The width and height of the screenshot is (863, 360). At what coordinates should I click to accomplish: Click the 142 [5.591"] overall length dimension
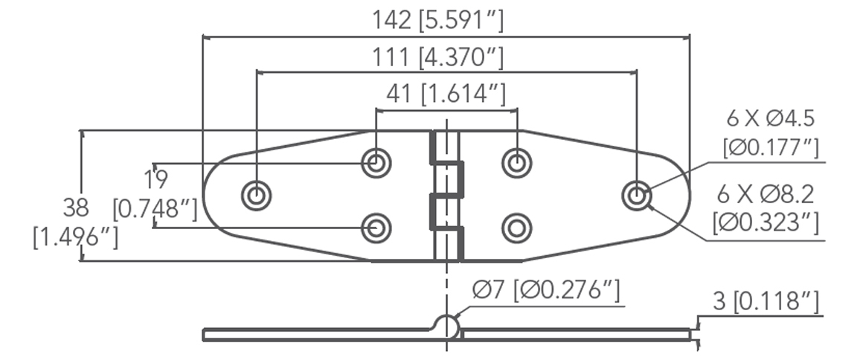click(x=438, y=21)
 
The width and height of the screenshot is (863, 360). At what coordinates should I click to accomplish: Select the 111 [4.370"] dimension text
click(x=438, y=57)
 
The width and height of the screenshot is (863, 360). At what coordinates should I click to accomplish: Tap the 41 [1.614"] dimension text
click(x=446, y=93)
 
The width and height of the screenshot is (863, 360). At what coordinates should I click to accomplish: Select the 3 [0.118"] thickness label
click(x=766, y=301)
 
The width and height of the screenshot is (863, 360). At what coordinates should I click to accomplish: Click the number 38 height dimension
click(x=76, y=206)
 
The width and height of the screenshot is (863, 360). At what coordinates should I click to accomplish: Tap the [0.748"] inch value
click(x=155, y=209)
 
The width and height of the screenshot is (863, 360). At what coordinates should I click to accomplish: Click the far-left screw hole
click(x=256, y=196)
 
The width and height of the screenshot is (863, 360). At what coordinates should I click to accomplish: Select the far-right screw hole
click(x=636, y=196)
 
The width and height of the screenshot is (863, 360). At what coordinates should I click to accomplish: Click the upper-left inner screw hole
click(x=376, y=161)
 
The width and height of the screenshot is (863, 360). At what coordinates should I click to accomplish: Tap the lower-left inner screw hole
click(x=376, y=228)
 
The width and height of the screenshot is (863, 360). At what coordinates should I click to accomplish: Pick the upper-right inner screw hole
click(x=516, y=161)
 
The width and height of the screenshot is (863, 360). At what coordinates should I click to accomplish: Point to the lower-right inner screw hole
click(x=516, y=228)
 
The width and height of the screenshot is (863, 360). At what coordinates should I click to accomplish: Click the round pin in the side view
click(x=446, y=327)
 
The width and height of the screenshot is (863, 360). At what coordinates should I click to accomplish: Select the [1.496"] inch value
click(x=75, y=237)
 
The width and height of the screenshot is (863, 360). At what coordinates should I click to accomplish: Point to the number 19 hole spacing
click(x=157, y=179)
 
